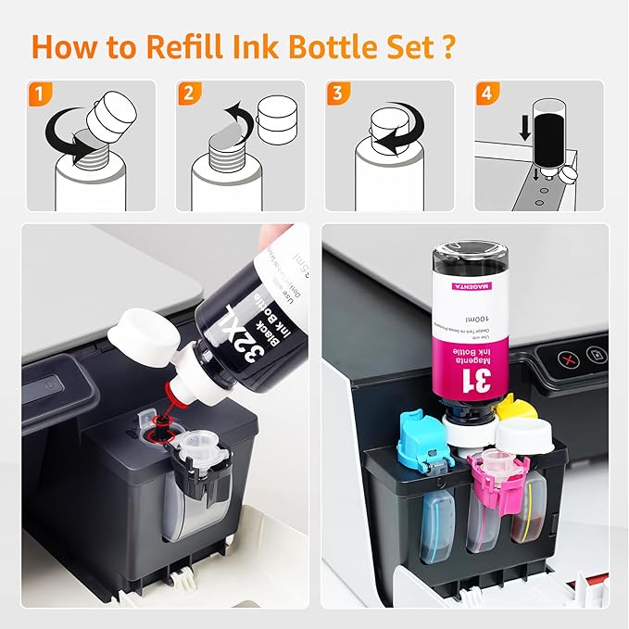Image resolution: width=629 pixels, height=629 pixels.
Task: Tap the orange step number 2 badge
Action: (x=188, y=93)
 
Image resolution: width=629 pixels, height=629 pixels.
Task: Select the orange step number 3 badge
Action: (x=339, y=93)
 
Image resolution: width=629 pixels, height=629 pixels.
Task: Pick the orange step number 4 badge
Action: (x=488, y=93)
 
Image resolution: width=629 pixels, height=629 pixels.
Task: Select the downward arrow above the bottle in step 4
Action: (x=525, y=125)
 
